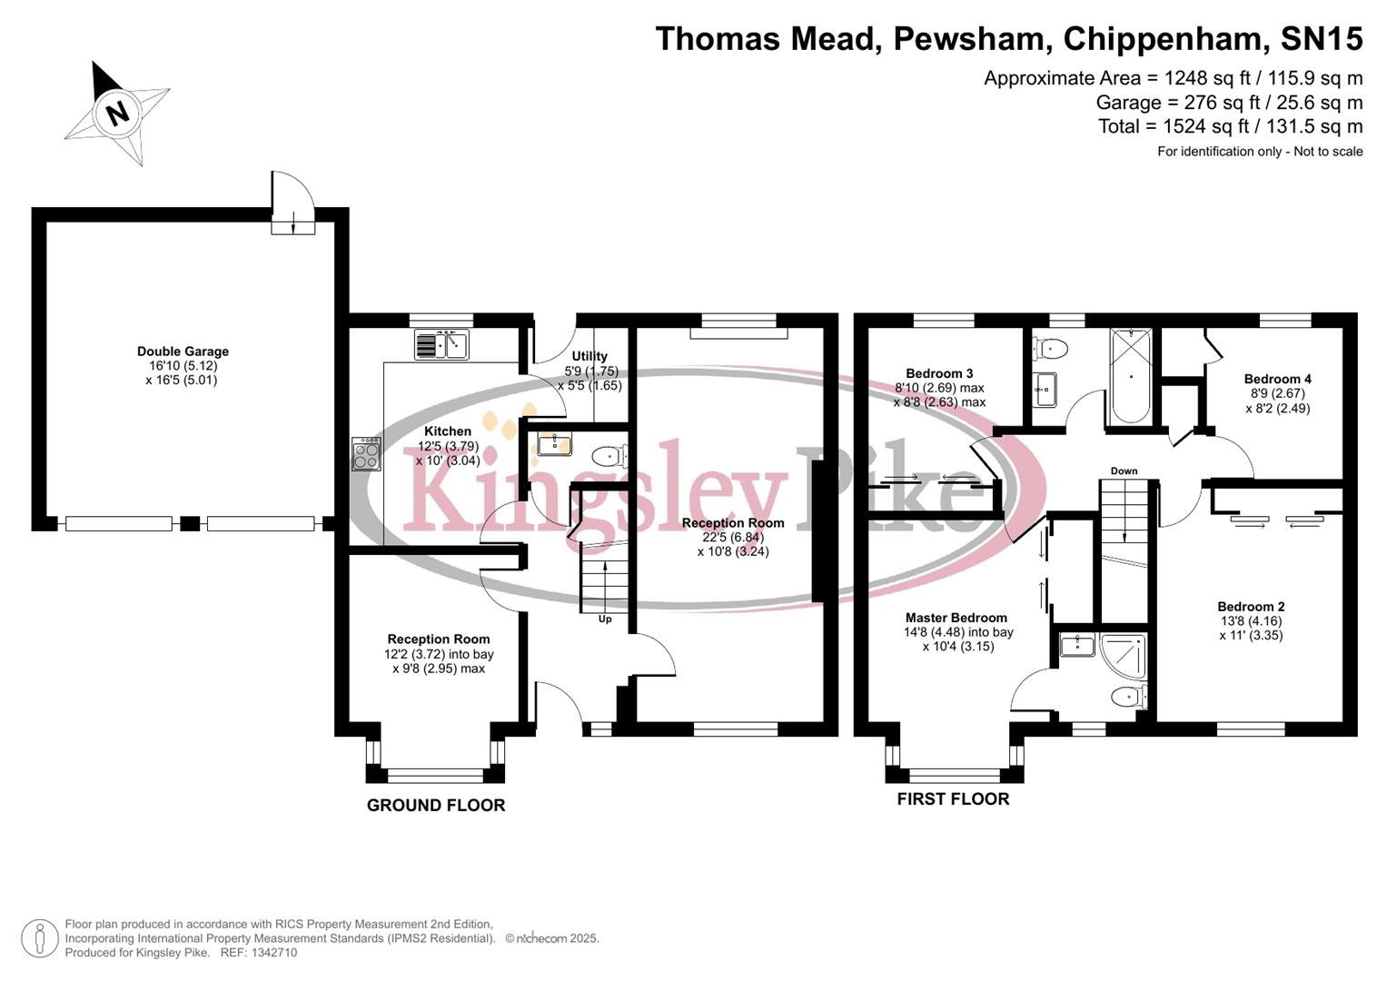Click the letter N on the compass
tap(116, 114)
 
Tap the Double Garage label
tap(183, 352)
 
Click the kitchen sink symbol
tap(441, 345)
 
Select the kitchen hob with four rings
tap(366, 453)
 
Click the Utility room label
tap(589, 356)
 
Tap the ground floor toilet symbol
tap(608, 455)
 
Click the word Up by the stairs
tap(605, 619)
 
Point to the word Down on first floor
tap(1124, 471)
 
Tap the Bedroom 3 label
tap(939, 373)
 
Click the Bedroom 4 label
tap(1277, 379)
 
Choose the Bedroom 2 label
tap(1251, 607)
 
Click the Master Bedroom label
tap(956, 618)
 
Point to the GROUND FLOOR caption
tap(436, 805)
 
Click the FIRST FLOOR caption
tap(953, 798)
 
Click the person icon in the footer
tap(39, 938)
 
